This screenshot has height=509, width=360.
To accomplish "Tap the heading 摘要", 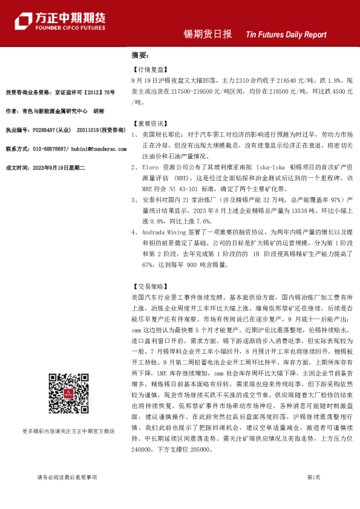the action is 140,55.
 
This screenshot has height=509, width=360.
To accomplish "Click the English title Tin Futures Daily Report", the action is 287,35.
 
